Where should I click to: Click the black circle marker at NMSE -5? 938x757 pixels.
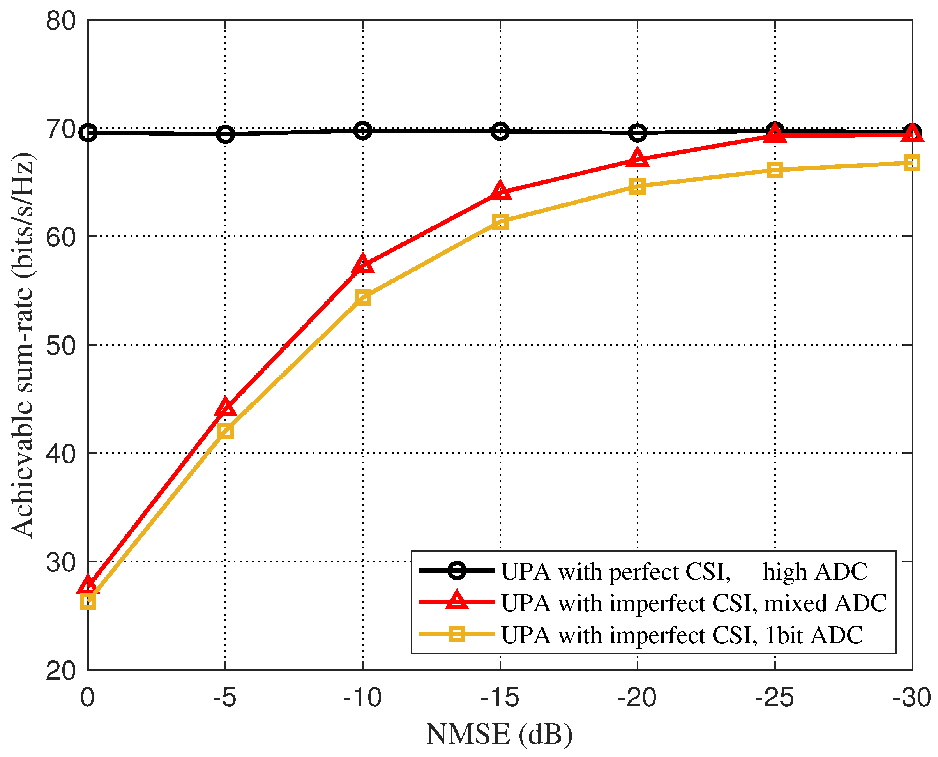[x=225, y=134]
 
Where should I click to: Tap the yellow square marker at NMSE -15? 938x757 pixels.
[x=500, y=221]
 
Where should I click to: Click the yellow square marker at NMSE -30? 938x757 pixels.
[x=912, y=163]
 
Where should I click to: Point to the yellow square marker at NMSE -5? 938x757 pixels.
[x=225, y=431]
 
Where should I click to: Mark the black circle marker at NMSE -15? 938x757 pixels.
[x=500, y=131]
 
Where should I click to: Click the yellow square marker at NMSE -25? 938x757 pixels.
[x=775, y=170]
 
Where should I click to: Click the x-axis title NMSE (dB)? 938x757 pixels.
[x=500, y=734]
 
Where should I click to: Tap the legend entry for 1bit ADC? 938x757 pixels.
[x=682, y=635]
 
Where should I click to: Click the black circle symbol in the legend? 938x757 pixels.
[x=457, y=571]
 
